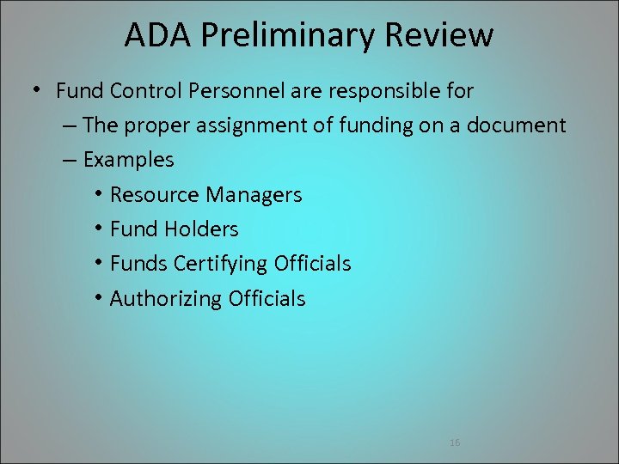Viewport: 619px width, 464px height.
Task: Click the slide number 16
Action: pyautogui.click(x=455, y=443)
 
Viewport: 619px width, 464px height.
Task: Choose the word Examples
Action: pyautogui.click(x=129, y=160)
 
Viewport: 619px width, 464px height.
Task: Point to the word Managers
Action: pyautogui.click(x=254, y=195)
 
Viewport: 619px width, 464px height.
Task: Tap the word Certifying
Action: pyautogui.click(x=221, y=264)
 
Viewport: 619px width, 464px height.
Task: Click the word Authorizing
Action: pyautogui.click(x=166, y=299)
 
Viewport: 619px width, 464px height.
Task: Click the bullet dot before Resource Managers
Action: pyautogui.click(x=99, y=194)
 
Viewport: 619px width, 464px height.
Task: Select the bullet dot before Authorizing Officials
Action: pyautogui.click(x=99, y=298)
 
